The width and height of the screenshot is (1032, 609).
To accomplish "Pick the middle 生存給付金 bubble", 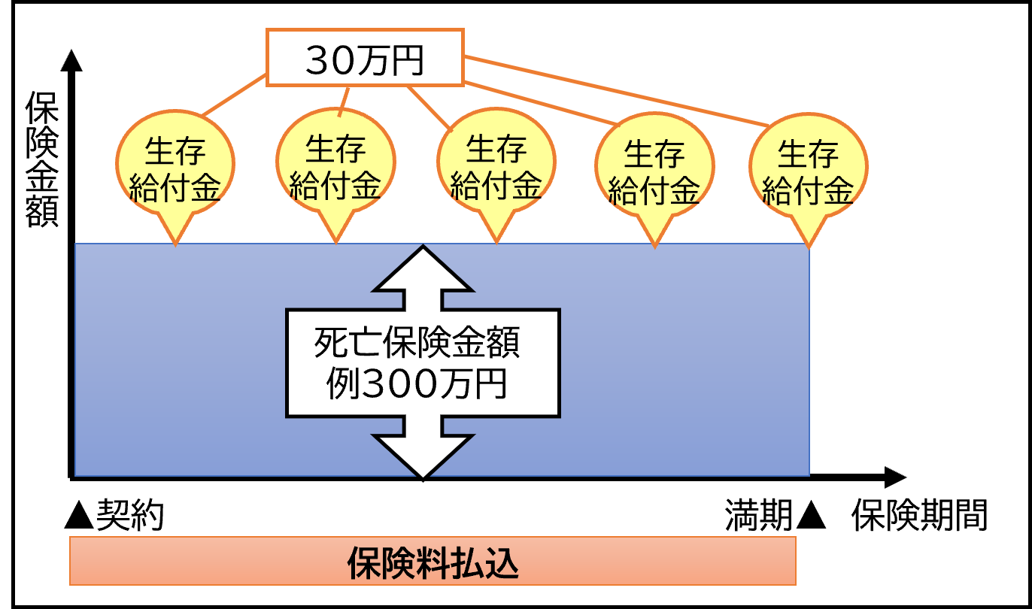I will pos(496,169).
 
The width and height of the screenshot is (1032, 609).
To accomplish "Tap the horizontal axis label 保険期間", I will pos(919,517).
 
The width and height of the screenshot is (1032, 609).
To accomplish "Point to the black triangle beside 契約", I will pos(79,517).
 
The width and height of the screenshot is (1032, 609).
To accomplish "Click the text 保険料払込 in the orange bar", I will pos(433,564).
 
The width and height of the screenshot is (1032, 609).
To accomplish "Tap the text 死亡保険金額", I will pos(417,346).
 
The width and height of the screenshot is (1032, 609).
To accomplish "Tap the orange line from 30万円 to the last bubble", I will pos(617,90).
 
